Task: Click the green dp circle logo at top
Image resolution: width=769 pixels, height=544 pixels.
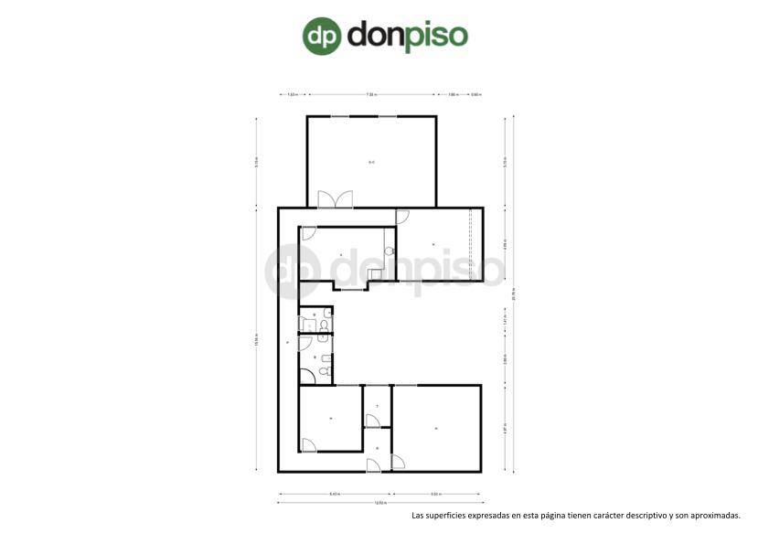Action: tap(322, 36)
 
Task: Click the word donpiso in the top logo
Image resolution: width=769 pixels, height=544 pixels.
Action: tap(408, 36)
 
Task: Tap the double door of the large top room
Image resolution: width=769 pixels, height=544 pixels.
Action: tap(335, 199)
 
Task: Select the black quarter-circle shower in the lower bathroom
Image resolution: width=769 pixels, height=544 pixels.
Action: tap(306, 375)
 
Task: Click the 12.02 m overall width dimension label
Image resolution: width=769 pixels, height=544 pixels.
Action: tap(379, 503)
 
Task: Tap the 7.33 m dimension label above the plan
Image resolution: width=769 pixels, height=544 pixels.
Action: tap(371, 94)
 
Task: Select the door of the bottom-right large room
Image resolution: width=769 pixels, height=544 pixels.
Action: tap(398, 462)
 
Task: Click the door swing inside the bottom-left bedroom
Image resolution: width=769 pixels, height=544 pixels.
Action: tap(309, 445)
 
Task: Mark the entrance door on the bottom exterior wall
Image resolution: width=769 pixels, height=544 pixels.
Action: tap(373, 466)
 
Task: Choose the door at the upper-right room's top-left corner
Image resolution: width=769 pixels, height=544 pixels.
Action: tap(402, 216)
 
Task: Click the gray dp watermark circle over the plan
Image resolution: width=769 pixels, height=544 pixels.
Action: tap(293, 272)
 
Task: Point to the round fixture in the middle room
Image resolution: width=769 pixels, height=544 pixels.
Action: tap(389, 250)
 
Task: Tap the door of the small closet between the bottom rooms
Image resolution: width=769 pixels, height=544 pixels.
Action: tap(372, 420)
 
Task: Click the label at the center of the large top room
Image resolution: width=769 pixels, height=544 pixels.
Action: tap(371, 163)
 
